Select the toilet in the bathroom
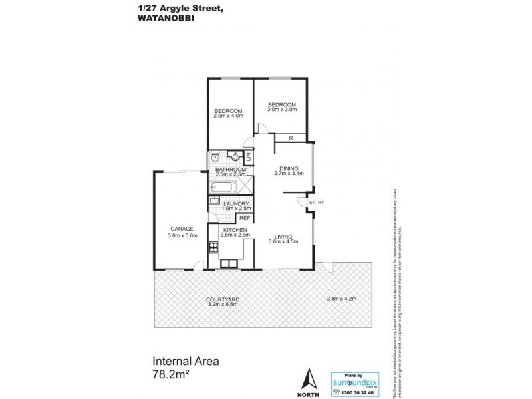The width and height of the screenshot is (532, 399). (x=217, y=158)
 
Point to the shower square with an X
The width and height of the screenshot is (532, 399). (x=244, y=188)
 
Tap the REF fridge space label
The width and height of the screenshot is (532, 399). (x=244, y=217)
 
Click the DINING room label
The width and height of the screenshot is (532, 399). (x=289, y=168)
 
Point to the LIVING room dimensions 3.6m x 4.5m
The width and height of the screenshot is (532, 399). (x=283, y=242)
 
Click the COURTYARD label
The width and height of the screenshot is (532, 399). (x=223, y=300)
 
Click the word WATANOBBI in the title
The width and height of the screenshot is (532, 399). (x=163, y=19)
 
